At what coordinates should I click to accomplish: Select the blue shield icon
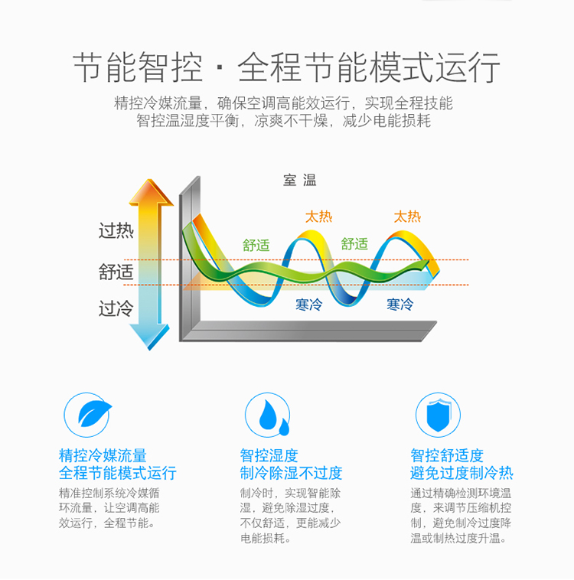point(439,415)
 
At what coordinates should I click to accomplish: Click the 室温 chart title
point(300,180)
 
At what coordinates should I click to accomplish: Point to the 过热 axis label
point(116,231)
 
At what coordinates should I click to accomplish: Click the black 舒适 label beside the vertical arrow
point(116,272)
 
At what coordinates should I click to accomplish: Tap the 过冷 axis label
point(116,308)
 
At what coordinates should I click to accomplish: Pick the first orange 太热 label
point(318,217)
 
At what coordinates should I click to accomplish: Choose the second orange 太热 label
point(407,217)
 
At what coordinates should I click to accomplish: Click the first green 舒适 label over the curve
point(256,246)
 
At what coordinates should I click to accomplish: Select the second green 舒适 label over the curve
point(354,244)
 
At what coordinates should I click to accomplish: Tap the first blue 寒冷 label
point(308,305)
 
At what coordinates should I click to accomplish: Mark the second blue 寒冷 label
point(400,305)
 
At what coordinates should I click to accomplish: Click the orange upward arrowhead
point(151,191)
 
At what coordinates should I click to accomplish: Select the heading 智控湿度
point(269,455)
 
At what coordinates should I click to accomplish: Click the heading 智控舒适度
point(447,455)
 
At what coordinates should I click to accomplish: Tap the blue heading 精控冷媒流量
point(103,455)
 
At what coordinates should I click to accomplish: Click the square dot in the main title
point(220,67)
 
